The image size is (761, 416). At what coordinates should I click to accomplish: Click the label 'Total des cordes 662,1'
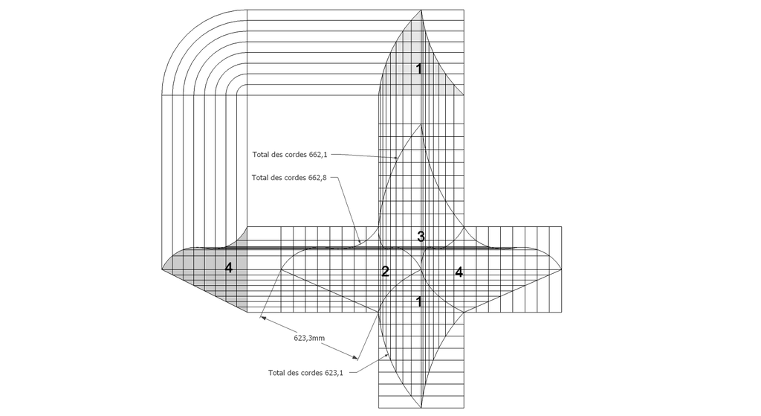tap(290, 155)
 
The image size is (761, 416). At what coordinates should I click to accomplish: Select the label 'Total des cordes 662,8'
tap(289, 177)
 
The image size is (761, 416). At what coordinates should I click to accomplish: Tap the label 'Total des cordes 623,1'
tap(305, 373)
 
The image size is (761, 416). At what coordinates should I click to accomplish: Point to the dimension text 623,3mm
tap(309, 338)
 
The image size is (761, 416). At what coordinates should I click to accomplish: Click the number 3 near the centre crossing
tap(421, 237)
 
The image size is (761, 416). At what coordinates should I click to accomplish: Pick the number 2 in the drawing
tap(386, 272)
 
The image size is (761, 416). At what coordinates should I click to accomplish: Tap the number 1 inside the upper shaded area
tap(419, 69)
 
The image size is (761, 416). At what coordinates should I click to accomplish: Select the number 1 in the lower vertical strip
tap(419, 302)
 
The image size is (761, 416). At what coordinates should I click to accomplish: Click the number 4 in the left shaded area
tap(229, 267)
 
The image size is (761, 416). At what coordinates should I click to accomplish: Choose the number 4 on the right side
tap(459, 272)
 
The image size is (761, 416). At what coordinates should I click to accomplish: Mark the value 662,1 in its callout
tap(318, 155)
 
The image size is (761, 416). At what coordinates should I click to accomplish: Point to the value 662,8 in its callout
tap(317, 177)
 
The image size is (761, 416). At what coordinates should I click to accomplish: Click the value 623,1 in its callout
tap(334, 373)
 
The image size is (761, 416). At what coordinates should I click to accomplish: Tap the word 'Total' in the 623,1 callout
tap(276, 373)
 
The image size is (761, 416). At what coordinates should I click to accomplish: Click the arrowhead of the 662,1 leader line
tap(395, 158)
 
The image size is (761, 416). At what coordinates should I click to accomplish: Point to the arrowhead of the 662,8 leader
tap(359, 241)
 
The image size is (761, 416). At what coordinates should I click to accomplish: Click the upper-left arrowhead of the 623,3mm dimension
tap(262, 318)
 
